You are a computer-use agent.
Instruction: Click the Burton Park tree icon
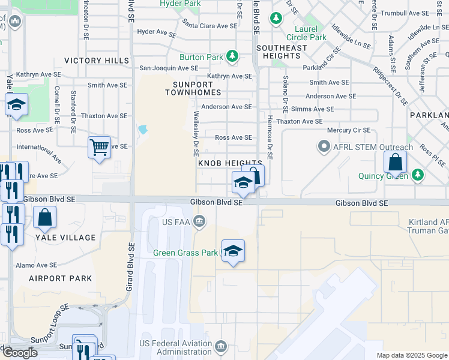pos(232,58)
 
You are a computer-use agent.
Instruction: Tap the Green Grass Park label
pos(185,253)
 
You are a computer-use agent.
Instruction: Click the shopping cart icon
pos(99,146)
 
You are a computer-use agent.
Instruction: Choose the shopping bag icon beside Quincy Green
pos(396,161)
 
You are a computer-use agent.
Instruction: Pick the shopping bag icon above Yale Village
pos(45,217)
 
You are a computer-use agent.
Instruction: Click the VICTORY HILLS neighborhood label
pos(96,61)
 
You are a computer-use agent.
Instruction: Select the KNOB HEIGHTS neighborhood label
pos(230,163)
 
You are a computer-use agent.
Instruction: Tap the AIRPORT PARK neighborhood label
pos(61,278)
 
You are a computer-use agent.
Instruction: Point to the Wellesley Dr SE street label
pos(196,132)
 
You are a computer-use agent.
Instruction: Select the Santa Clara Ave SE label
pos(210,26)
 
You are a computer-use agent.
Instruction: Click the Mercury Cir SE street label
pos(348,130)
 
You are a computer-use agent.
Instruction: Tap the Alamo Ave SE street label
pos(36,265)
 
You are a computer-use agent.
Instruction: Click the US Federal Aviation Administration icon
pos(221,346)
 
